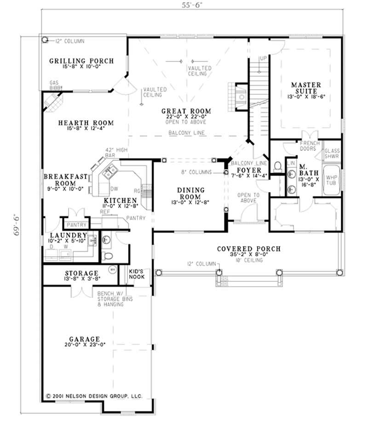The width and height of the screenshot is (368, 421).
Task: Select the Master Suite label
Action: tap(306, 88)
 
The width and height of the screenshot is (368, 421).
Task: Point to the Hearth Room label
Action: tap(86, 123)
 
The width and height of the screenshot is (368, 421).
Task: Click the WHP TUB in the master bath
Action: tap(331, 179)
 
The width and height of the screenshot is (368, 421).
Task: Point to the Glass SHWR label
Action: tap(332, 154)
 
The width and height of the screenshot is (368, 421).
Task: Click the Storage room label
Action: tap(81, 273)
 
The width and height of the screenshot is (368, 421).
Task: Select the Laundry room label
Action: tap(68, 235)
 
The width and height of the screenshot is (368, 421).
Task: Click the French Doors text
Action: tap(310, 146)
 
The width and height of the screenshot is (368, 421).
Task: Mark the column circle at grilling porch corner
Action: tap(45, 40)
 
